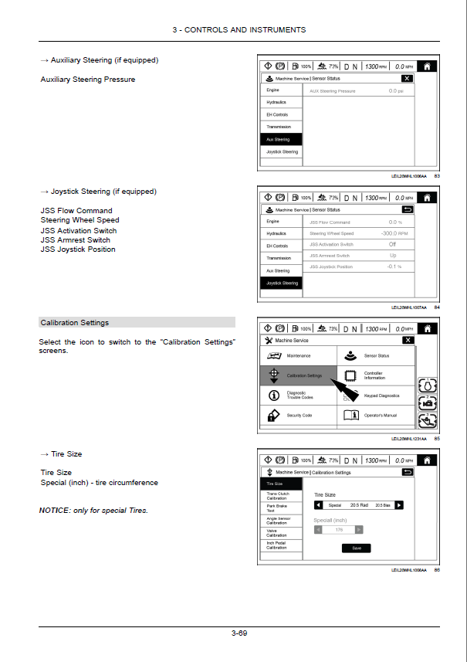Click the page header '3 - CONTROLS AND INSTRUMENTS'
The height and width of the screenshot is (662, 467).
(239, 30)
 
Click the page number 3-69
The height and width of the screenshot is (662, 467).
(239, 633)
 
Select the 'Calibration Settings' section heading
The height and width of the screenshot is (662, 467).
(75, 323)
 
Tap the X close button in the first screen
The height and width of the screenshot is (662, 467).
(407, 79)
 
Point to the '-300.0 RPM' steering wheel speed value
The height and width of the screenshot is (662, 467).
(394, 233)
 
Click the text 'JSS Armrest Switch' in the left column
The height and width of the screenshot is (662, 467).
(75, 240)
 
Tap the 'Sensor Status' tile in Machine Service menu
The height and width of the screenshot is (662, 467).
(377, 356)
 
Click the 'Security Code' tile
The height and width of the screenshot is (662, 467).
(299, 416)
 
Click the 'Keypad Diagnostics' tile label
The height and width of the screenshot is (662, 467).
(381, 396)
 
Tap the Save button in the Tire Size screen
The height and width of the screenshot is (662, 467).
(356, 548)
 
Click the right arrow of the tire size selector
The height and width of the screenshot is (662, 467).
(398, 505)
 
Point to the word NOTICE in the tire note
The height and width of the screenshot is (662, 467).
(53, 511)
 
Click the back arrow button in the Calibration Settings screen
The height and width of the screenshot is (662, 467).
(408, 472)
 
